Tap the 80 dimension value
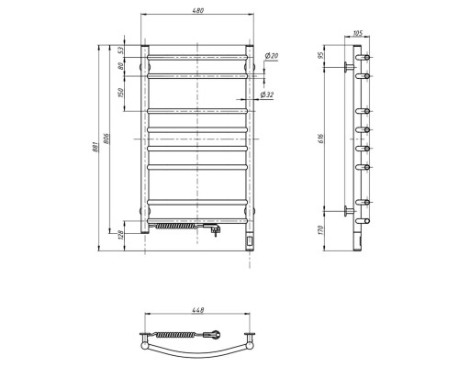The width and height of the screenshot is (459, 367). point(119,66)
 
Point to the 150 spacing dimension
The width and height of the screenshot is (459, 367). point(119,93)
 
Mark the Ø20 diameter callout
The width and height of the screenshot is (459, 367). point(271,57)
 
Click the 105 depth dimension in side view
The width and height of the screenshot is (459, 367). point(357,34)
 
